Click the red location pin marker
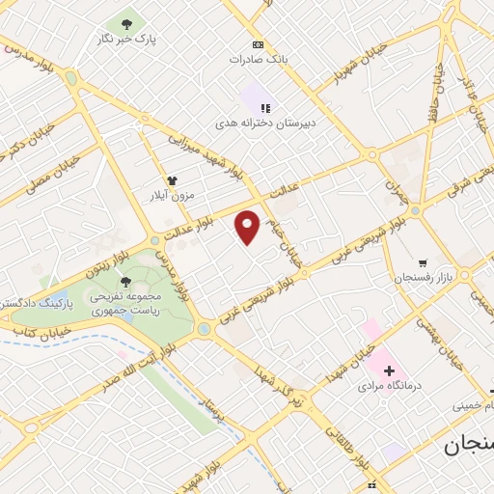[248, 227]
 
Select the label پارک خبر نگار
[127, 39]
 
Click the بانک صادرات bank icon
[257, 44]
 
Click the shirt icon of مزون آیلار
[173, 179]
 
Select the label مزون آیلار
[170, 196]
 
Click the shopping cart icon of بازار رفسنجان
[423, 261]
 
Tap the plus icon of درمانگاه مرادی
[388, 370]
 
